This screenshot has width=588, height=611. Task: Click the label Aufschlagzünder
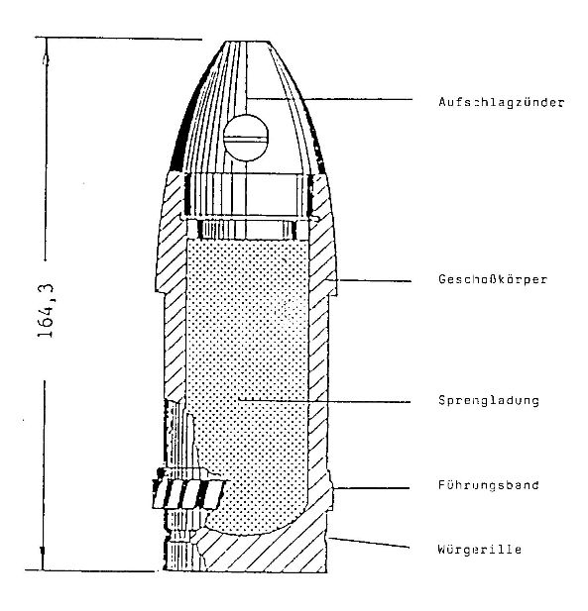pos(502,102)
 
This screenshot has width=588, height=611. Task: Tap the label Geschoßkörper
pos(493,279)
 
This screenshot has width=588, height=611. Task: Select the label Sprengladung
pos(489,401)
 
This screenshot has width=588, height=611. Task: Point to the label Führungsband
pos(489,485)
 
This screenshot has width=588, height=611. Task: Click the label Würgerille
pos(480,550)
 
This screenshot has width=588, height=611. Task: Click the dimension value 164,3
pos(47,311)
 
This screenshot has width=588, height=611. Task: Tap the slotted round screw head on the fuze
pos(246,138)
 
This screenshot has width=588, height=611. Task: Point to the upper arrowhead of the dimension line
pos(46,58)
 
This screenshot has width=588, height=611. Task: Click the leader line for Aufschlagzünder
pos(330,99)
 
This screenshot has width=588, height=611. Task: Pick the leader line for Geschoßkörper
pos(370,280)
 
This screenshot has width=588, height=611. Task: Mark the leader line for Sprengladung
pos(324,401)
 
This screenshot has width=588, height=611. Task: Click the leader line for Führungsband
pos(372,488)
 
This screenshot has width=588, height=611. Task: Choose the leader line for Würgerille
pos(369,543)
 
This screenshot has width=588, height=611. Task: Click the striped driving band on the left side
pos(188,494)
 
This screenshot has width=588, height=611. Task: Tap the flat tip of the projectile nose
pos(247,42)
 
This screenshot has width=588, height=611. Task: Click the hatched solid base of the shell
pos(266,554)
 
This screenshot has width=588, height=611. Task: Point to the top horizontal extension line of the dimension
pos(119,39)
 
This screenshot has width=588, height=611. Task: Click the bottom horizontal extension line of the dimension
pos(90,570)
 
